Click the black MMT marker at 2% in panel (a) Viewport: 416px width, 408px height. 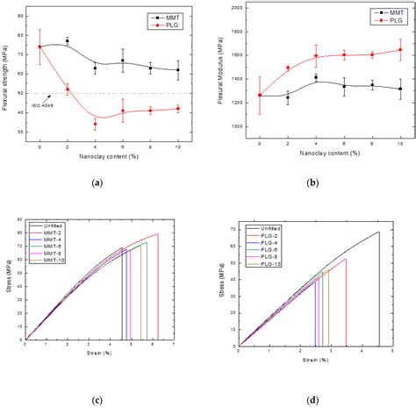(68, 41)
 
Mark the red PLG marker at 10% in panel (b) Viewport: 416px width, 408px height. (400, 50)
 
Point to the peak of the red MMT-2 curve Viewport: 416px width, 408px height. (158, 234)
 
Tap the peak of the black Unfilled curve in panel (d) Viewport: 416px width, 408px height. (379, 233)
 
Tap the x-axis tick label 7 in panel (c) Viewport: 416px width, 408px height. (173, 346)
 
